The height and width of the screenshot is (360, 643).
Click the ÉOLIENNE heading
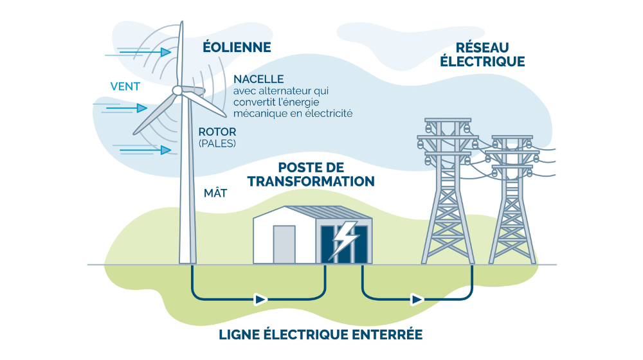[x=236, y=48]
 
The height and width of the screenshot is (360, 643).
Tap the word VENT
[x=125, y=85]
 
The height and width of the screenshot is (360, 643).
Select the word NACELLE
[x=258, y=79]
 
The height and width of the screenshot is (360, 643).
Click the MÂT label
[x=215, y=192]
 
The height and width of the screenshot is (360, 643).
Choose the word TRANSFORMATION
[x=311, y=181]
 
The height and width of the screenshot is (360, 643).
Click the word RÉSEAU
[x=482, y=48]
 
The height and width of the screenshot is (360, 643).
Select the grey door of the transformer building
[x=284, y=244]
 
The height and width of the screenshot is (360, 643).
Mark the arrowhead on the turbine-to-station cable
[x=260, y=299]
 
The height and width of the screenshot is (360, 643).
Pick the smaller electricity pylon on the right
[x=512, y=199]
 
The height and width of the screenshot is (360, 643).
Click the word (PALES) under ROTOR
[x=217, y=143]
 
